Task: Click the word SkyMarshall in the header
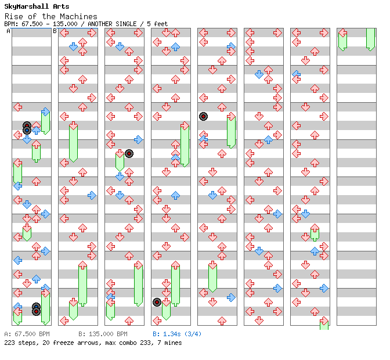coord(26,6)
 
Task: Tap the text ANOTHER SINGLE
coord(112,24)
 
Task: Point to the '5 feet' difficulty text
coord(157,24)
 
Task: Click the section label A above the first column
coord(9,31)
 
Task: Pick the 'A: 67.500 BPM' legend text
coord(27,334)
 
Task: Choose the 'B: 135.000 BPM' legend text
coord(103,334)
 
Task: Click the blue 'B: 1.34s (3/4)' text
coord(177,334)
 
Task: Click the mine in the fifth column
coord(204,117)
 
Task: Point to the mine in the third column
coord(129,153)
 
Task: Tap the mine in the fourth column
coord(157,303)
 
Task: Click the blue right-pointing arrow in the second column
coord(92,196)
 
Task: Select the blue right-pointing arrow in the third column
coord(138,139)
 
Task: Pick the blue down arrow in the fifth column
coord(212,195)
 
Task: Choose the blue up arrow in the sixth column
coord(268,139)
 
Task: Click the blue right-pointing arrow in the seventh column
coord(324,289)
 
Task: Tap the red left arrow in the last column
coord(343,33)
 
